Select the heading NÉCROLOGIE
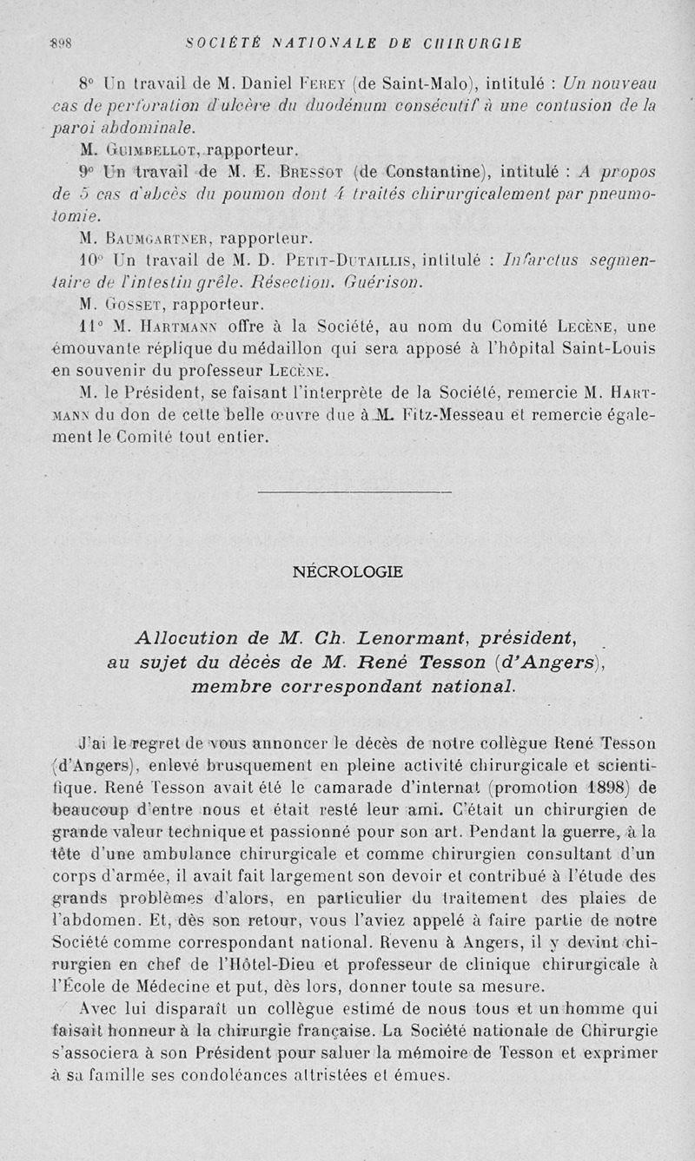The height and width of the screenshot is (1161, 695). point(347,571)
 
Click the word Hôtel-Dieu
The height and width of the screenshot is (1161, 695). point(289,963)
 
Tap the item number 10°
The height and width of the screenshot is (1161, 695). point(90,260)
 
